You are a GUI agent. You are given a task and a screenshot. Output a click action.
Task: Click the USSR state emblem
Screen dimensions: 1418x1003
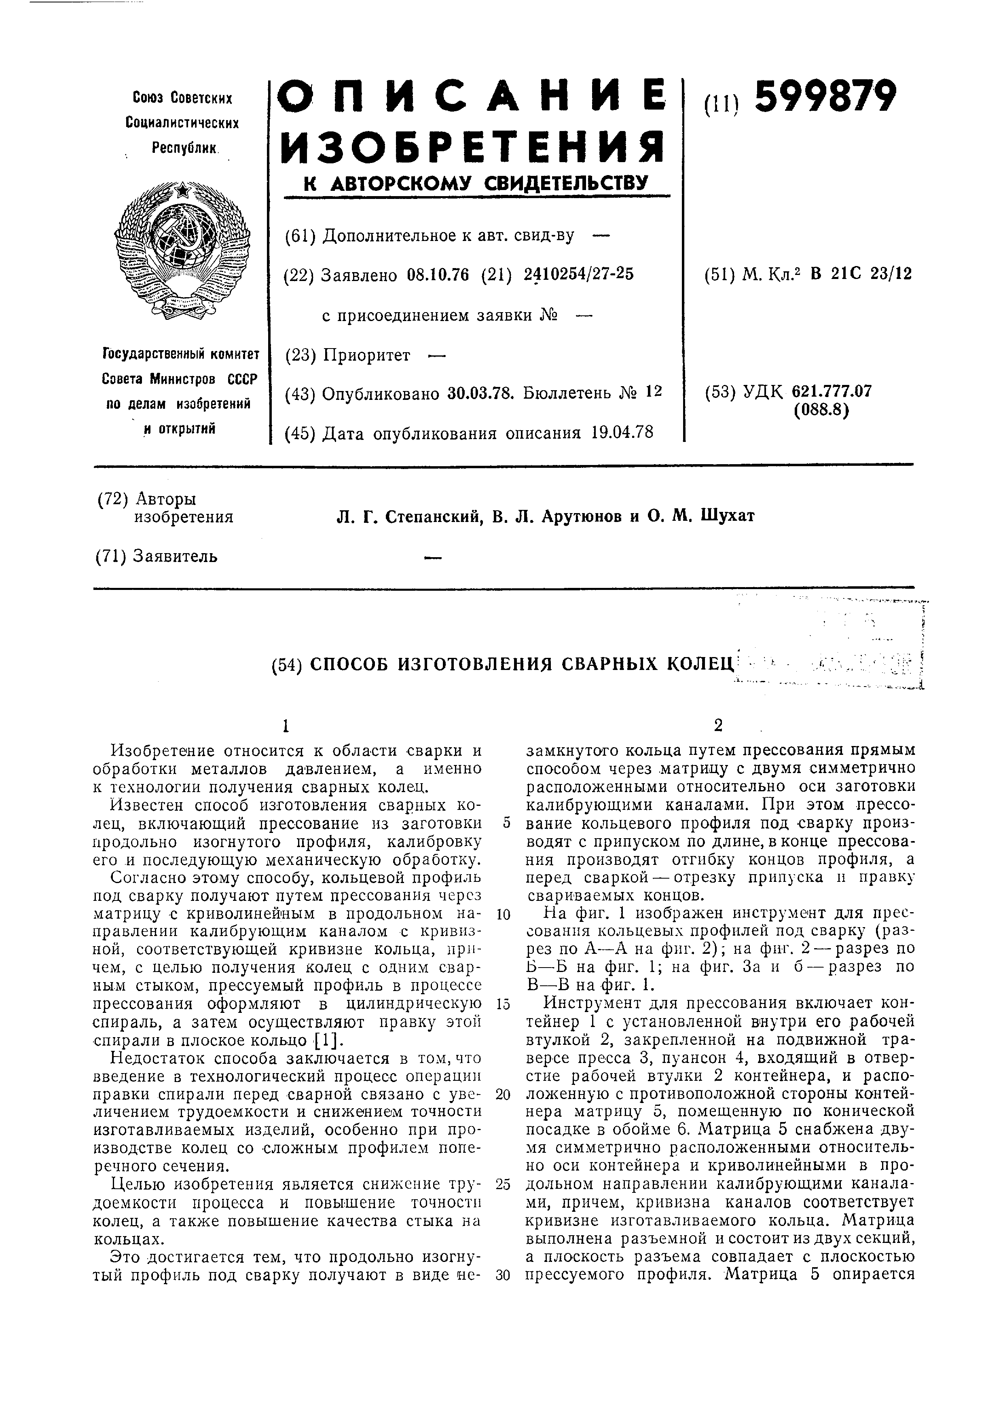click(182, 250)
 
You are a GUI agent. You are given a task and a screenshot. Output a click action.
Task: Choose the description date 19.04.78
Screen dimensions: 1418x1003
click(622, 432)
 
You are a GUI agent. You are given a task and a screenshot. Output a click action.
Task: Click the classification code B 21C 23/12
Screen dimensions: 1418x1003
click(861, 274)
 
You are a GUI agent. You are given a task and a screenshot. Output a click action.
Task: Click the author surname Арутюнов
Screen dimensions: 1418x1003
click(583, 516)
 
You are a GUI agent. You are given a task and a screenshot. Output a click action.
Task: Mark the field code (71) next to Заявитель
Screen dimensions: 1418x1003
click(112, 556)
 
